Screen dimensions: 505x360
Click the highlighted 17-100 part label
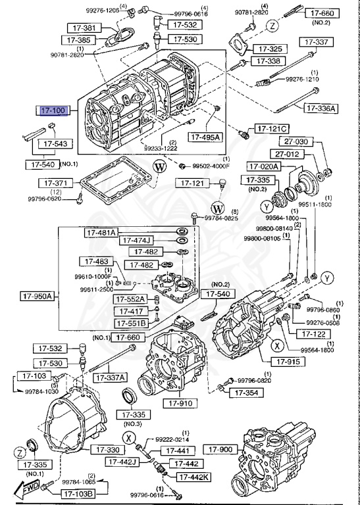click(54, 111)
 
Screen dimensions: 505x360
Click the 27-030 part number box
click(296, 141)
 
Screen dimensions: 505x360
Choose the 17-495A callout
click(205, 137)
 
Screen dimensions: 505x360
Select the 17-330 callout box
click(105, 450)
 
